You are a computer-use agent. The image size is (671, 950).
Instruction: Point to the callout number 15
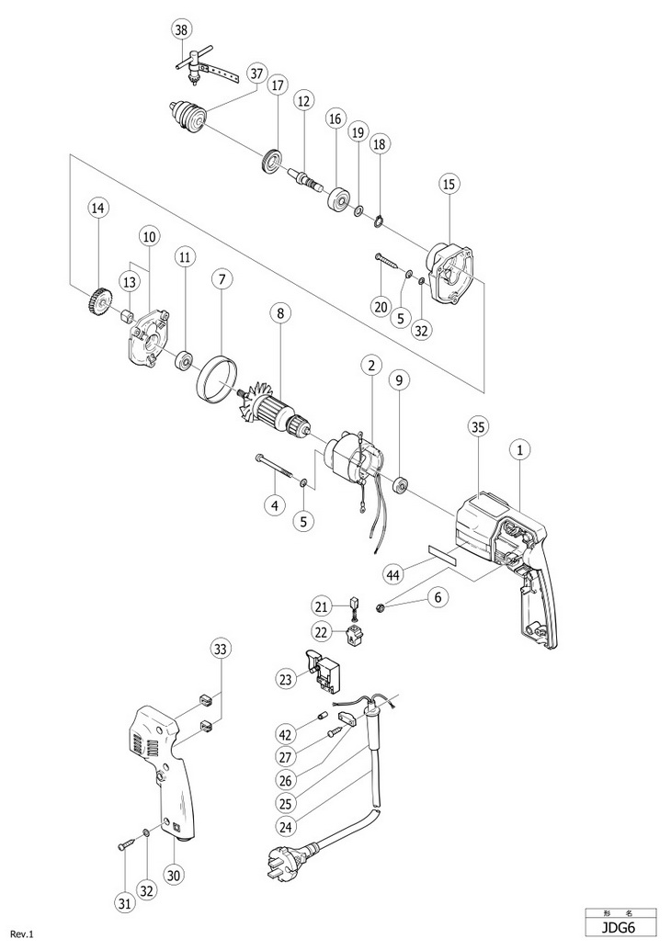click(449, 184)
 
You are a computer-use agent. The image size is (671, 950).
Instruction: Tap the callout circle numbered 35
click(478, 426)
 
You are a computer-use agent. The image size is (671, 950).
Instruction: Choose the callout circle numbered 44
click(394, 573)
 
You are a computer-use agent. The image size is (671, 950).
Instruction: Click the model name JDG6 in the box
click(620, 927)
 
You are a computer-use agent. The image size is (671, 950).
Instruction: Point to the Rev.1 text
click(21, 934)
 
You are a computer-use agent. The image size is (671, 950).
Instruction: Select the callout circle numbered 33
click(221, 649)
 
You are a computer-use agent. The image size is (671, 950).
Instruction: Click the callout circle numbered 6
click(438, 597)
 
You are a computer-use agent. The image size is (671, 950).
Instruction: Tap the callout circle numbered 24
click(286, 826)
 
